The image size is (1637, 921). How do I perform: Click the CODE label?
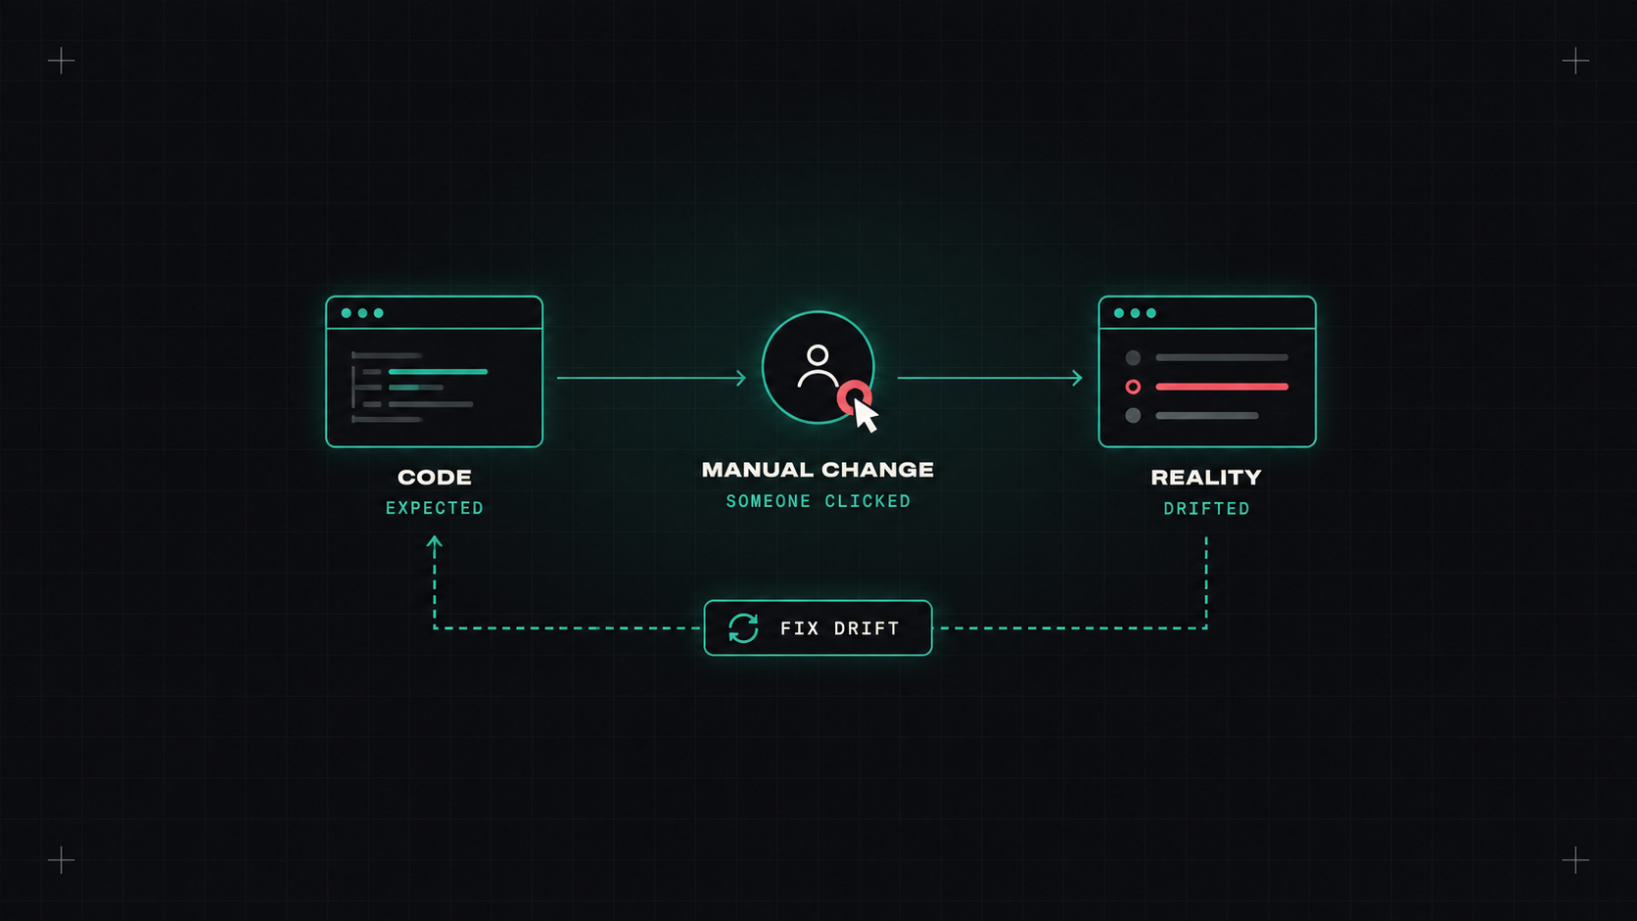434,477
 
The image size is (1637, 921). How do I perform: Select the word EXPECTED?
435,508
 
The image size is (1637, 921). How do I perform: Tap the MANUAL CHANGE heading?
818,470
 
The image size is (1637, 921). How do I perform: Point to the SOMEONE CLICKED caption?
818,501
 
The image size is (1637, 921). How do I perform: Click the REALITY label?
1206,477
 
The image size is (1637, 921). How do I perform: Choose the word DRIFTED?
1206,508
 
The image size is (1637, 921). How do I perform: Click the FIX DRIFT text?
840,629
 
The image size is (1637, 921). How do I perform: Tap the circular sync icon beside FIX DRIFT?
743,628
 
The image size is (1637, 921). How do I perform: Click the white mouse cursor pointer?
865,416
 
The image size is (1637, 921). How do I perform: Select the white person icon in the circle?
818,366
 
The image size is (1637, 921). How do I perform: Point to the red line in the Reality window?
1222,387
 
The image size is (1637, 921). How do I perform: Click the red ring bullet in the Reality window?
1133,387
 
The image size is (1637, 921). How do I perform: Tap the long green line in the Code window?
438,372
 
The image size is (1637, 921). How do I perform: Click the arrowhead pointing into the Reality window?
1077,378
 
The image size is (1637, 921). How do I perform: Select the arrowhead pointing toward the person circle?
741,378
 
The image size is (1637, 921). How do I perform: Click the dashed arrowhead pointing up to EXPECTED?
434,541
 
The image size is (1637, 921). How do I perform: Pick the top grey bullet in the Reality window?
1133,358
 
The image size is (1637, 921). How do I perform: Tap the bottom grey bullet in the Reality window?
1133,416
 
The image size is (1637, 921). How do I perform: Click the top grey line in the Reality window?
1222,358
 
